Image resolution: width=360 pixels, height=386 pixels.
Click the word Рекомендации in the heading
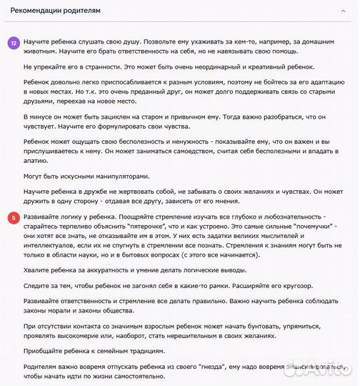(x=32, y=11)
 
